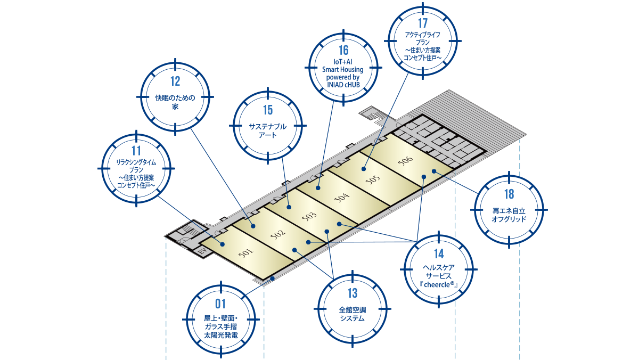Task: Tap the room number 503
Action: (309, 216)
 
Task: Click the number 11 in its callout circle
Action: (136, 151)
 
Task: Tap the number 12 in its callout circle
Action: (175, 81)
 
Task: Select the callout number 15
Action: (268, 110)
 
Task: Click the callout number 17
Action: (423, 23)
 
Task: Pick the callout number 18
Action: (509, 194)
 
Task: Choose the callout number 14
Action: (439, 254)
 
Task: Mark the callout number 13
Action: (353, 293)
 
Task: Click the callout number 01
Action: (220, 304)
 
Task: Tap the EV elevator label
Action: (202, 250)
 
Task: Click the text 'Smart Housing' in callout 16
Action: (343, 69)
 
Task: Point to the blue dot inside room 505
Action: (364, 169)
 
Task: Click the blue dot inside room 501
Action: (223, 244)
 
